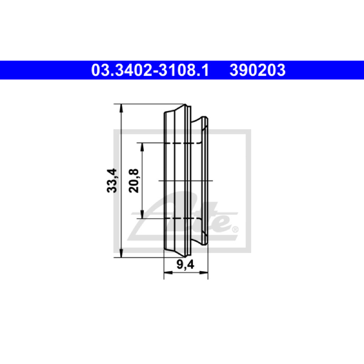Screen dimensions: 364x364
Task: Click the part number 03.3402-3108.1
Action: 150,71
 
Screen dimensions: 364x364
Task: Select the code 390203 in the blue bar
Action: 258,71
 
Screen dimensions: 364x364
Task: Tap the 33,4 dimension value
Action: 112,180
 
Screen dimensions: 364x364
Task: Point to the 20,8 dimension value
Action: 134,181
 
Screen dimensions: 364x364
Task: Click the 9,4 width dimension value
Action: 185,264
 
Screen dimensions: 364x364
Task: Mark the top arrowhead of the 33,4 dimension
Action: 121,108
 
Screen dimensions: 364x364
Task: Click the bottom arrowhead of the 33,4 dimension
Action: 121,253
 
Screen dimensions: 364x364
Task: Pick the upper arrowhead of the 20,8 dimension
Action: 142,147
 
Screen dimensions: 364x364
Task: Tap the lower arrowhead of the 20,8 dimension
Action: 142,214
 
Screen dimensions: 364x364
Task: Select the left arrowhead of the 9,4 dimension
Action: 168,272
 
